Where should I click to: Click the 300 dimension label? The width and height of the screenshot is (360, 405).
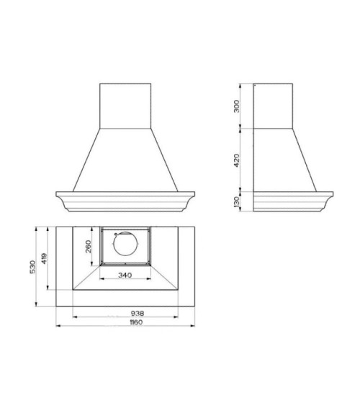coord(236,106)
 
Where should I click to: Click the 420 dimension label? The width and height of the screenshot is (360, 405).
coord(236,160)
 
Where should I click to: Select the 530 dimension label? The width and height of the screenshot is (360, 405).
coord(32,267)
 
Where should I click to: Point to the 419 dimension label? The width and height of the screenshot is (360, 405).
coord(44,258)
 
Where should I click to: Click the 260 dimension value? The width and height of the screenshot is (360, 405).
coord(89,247)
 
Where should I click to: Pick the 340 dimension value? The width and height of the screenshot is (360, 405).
coord(125,275)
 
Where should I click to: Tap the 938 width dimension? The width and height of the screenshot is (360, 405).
coord(138,314)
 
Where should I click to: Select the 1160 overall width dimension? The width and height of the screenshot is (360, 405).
coord(136,322)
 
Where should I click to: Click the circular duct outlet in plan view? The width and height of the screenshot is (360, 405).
coord(125,244)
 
